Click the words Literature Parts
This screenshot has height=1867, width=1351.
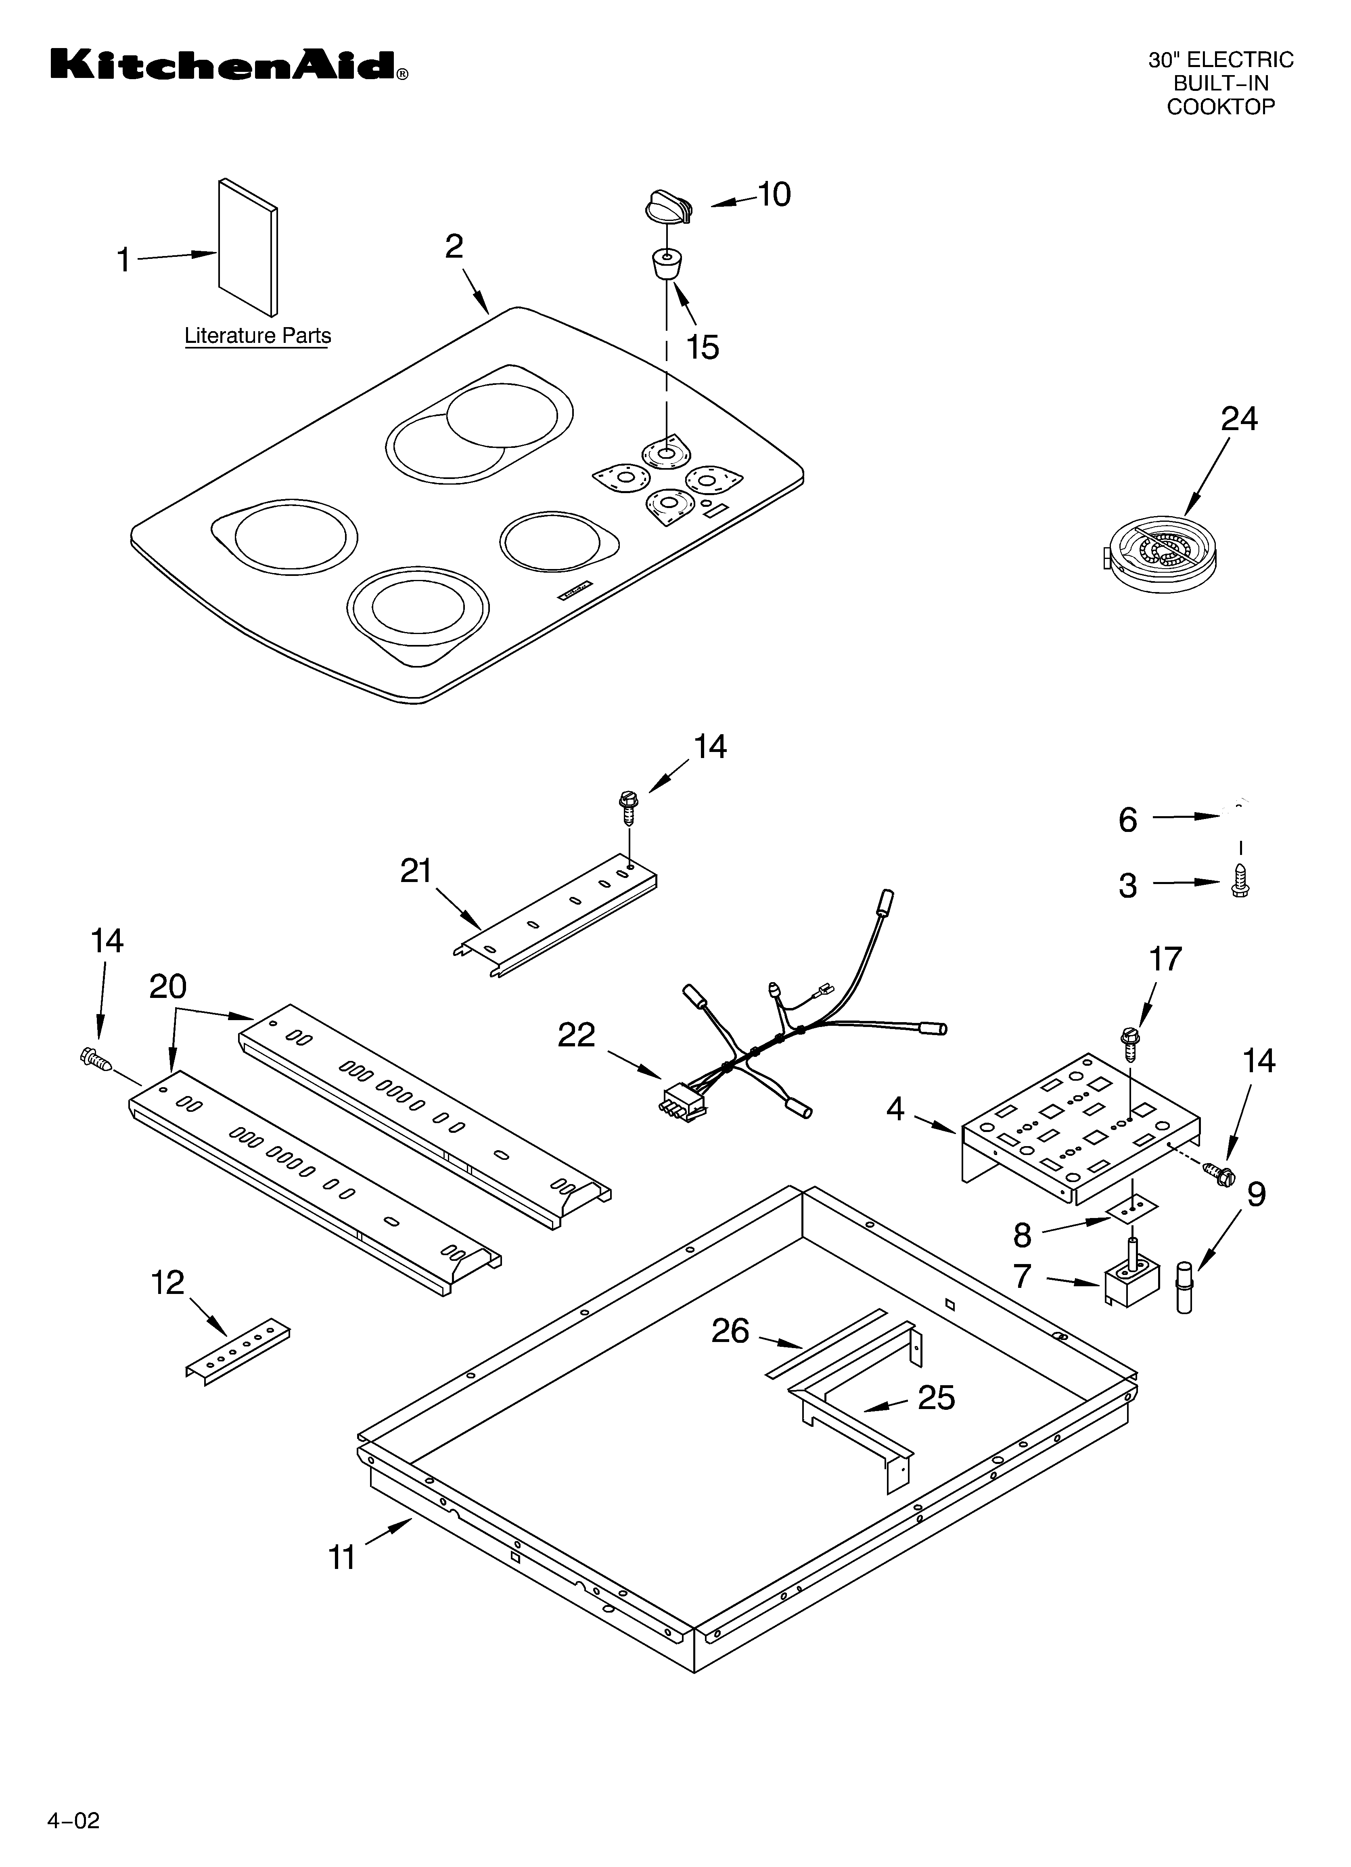click(257, 336)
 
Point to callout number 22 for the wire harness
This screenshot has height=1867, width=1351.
click(576, 1035)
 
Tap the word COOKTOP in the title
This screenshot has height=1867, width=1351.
click(1220, 107)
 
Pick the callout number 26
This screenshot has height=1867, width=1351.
click(730, 1331)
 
